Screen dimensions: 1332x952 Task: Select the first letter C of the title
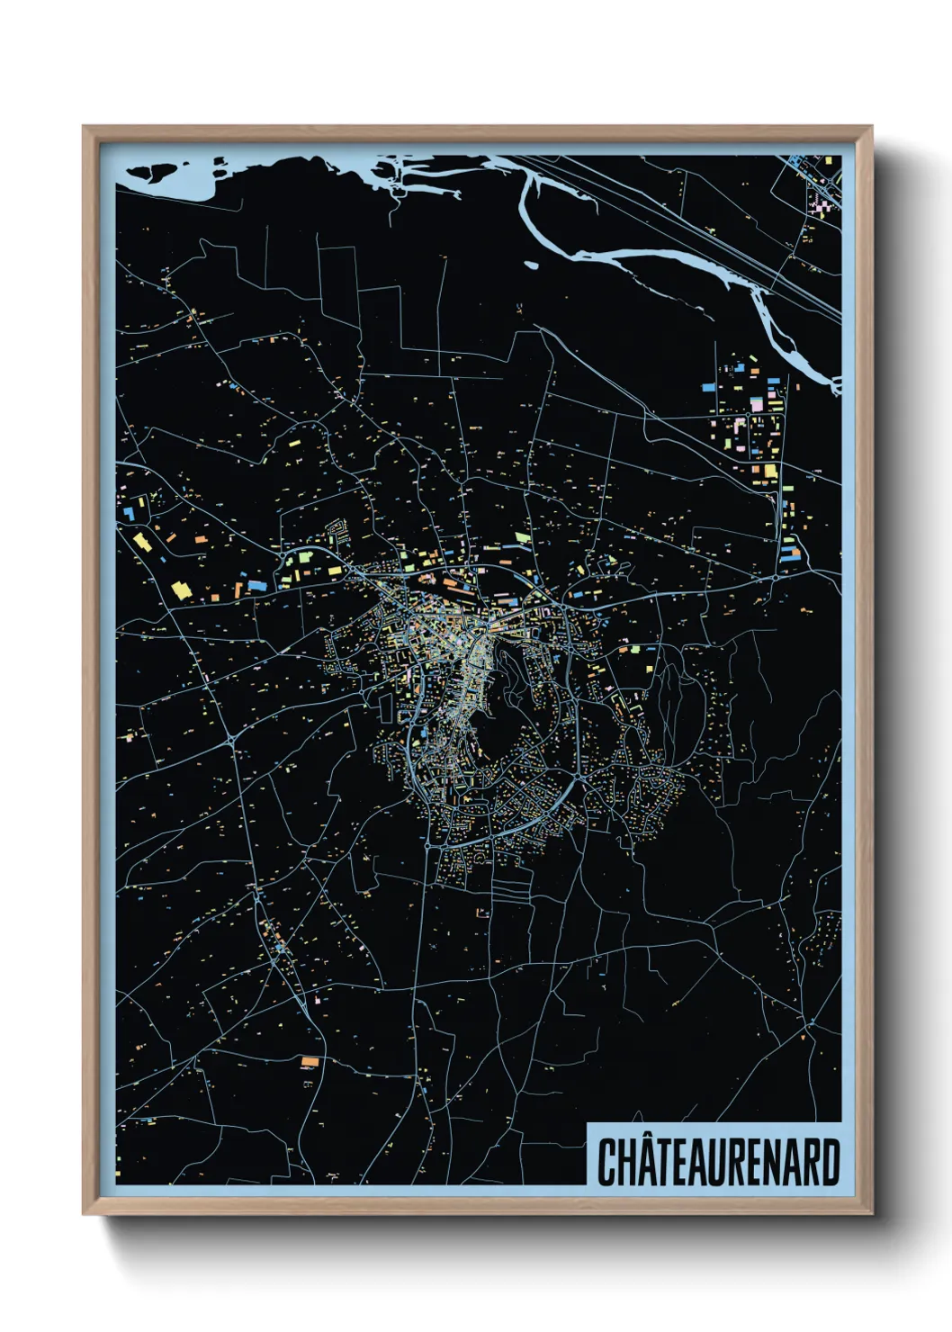607,1163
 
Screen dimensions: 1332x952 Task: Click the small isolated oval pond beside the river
531,265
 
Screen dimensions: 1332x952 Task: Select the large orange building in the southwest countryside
310,1062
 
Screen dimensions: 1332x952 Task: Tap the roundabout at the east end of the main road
775,576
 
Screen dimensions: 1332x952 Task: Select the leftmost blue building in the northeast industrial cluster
708,387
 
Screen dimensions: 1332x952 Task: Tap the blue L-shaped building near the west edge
128,512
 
